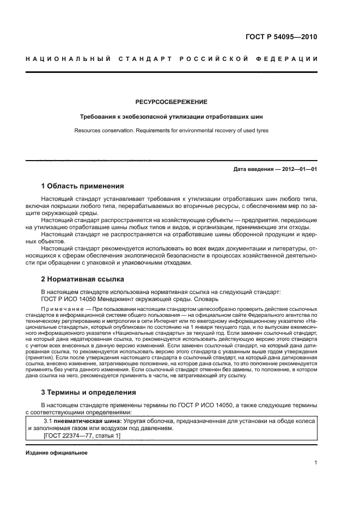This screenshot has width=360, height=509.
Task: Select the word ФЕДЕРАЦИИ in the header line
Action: (x=292, y=58)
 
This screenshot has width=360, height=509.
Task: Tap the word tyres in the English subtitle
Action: (x=261, y=131)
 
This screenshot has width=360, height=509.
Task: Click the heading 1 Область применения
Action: (x=82, y=186)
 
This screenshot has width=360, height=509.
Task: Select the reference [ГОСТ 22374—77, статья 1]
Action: (x=81, y=436)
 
